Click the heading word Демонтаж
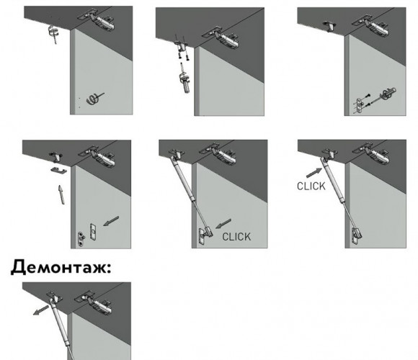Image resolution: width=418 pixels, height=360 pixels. pos(60,268)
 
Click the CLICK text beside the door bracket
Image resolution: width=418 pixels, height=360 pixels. pos(236,237)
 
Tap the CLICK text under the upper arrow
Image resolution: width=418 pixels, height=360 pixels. pos(311,186)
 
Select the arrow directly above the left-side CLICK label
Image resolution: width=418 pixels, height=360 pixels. pos(314,173)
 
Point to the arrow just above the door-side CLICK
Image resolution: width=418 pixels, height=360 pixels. pos(223,223)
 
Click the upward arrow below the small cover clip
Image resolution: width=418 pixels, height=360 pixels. pos(61,194)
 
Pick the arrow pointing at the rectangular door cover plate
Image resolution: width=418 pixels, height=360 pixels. pos(111,221)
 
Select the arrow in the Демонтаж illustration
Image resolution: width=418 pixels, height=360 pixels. pos(41,310)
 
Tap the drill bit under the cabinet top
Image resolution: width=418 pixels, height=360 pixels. pos(54,34)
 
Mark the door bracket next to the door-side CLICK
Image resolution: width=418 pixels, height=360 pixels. pos(205,235)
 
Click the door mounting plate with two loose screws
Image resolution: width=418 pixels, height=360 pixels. pos(360,106)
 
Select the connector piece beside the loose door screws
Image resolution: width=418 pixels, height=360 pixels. pos(389,94)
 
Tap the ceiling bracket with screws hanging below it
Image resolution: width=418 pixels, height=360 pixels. pos(182,46)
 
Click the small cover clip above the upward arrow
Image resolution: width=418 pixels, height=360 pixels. pos(58,170)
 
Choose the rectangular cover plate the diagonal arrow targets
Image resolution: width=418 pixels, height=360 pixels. pos(93,231)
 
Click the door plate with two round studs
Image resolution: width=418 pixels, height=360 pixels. pos(81,238)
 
